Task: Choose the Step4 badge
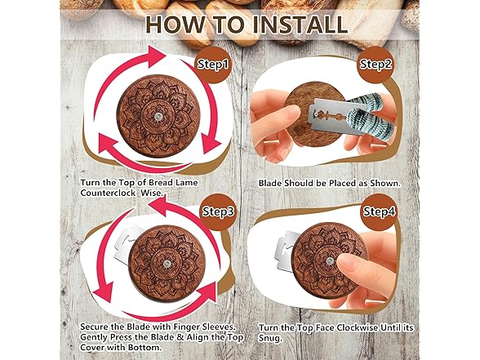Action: click(x=380, y=211)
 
